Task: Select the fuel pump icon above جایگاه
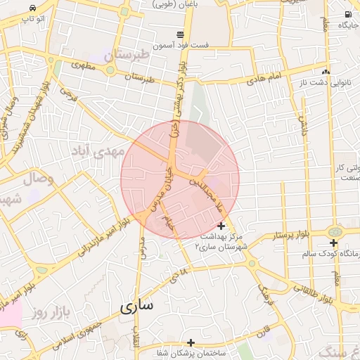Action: pos(347,15)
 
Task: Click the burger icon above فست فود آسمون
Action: pos(181,34)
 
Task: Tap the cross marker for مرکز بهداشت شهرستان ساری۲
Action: pos(221,226)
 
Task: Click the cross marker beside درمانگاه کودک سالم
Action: pos(334,243)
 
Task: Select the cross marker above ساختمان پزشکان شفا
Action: pos(191,342)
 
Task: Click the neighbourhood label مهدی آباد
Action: pos(98,151)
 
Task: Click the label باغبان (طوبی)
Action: pos(172,4)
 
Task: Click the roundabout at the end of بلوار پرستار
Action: pos(335,231)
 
